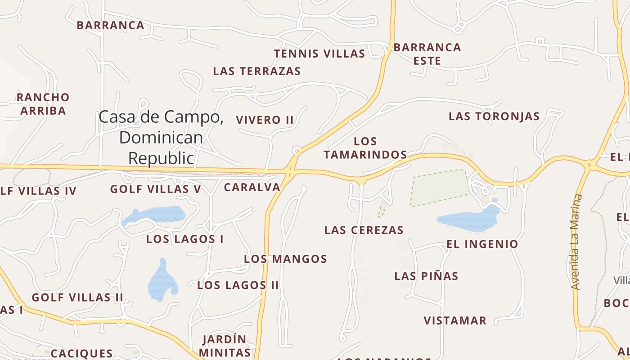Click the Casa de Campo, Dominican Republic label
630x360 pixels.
[161, 137]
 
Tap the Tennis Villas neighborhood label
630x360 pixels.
[319, 54]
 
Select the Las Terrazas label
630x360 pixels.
[256, 71]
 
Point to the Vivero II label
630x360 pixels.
[265, 120]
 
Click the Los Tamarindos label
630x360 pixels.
[365, 148]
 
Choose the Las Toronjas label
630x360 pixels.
[494, 117]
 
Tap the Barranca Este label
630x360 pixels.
[427, 54]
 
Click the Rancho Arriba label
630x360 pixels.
[43, 104]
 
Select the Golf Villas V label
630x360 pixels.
[156, 189]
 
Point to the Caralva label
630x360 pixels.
[252, 188]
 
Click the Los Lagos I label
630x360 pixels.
[184, 239]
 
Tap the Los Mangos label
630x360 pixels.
[285, 259]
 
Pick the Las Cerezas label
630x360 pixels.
[364, 230]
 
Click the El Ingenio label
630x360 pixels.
[482, 244]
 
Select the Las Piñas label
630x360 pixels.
[426, 276]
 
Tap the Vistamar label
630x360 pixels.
[455, 321]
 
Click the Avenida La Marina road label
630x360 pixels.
[576, 242]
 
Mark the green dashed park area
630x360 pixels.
[439, 188]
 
